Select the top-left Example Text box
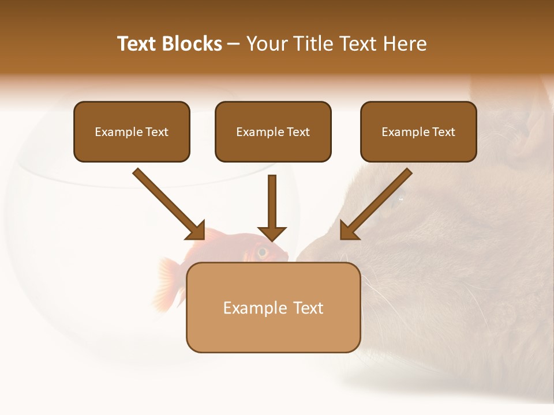coord(132,131)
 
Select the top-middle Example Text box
coord(273,131)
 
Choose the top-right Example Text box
coord(418,131)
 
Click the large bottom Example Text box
coord(273,307)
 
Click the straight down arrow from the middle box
coord(272,207)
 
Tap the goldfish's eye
coord(263,251)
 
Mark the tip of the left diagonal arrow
coord(204,238)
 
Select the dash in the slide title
coord(234,44)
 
